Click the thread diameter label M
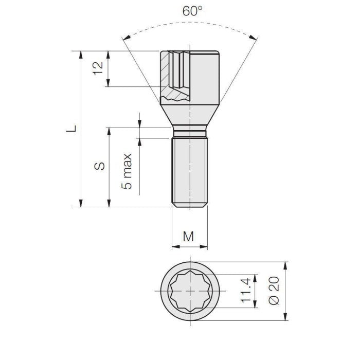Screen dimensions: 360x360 pos(189,236)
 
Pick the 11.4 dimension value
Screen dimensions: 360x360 pos(246,290)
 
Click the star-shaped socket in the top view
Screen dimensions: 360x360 pos(191,291)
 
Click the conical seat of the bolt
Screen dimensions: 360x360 pos(190,116)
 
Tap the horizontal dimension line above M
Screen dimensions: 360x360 pos(189,246)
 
